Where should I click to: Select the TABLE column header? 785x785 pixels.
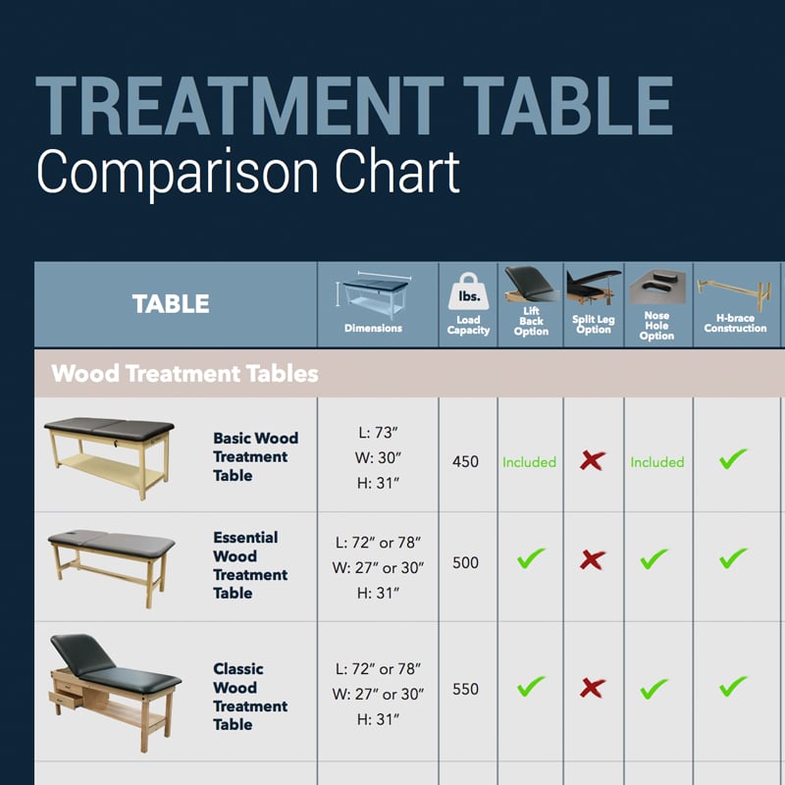pos(171,304)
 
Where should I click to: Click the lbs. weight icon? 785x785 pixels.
pos(467,291)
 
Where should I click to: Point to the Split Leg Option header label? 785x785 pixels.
pos(593,325)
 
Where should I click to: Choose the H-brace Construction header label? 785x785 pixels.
pos(735,323)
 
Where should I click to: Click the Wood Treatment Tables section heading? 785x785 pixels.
pos(184,373)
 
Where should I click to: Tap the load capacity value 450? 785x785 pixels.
pos(466,461)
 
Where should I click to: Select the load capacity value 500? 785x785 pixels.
pos(466,563)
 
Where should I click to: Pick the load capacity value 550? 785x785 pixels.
pos(466,689)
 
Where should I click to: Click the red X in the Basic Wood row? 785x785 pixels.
pos(592,460)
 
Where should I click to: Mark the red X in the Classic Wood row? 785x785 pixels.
pos(592,688)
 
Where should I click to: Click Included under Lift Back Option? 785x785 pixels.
pos(529,461)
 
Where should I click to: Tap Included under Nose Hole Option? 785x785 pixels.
pos(656,461)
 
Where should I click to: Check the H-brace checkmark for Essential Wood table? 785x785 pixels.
pos(733,559)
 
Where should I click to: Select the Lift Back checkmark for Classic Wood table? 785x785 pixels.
pos(531,686)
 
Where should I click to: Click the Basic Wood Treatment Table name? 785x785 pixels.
pos(255,456)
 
